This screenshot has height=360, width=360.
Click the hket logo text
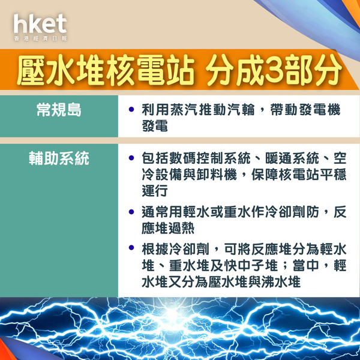40,23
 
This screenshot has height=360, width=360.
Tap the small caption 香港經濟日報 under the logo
40,38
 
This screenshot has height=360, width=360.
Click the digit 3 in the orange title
273,70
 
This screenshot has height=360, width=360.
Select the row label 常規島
59,110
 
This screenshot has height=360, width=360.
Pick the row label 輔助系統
59,158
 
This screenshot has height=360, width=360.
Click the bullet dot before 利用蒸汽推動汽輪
131,109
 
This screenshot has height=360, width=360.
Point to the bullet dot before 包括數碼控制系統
131,158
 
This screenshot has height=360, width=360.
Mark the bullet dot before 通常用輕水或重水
131,211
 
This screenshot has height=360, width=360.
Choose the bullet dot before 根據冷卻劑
131,248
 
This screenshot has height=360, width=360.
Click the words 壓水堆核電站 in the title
106,70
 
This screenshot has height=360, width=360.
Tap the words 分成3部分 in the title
274,70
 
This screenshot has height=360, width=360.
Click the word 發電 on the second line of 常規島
155,125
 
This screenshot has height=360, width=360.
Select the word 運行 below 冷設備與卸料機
154,190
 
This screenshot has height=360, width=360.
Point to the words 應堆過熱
168,228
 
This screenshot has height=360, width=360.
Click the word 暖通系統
292,158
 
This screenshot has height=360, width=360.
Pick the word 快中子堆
251,266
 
